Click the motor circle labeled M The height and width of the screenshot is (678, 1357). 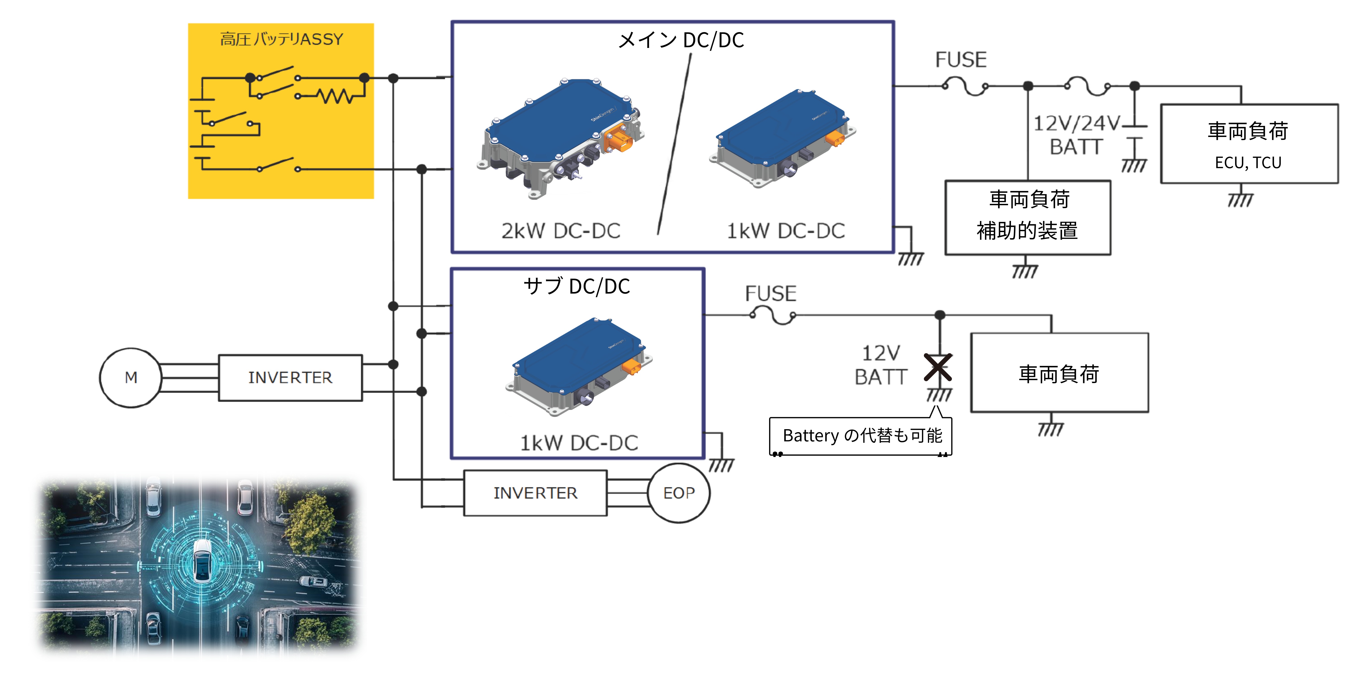pos(131,377)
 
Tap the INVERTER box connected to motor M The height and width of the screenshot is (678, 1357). pos(290,377)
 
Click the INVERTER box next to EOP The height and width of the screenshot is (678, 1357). pos(535,493)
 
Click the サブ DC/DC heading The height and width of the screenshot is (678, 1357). pos(577,286)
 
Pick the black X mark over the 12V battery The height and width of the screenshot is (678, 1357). pos(938,367)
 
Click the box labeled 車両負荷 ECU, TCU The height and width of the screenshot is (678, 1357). pos(1248,144)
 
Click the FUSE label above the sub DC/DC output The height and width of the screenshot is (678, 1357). pos(770,293)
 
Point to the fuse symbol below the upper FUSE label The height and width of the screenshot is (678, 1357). pos(965,86)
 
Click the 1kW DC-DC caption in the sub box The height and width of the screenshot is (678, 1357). pos(579,443)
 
